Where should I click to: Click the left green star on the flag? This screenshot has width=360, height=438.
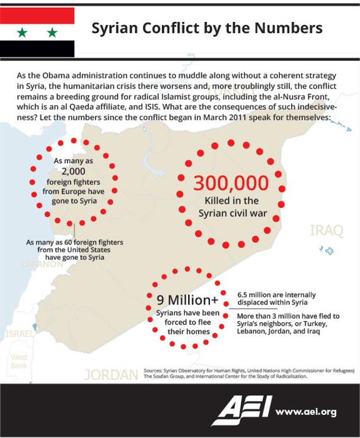pos(23,32)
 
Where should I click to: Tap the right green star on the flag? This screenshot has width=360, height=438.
pos(52,32)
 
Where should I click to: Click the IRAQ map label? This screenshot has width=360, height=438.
pos(326,230)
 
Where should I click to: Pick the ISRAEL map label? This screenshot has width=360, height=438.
pos(19,334)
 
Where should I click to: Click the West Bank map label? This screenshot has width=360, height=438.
pos(19,361)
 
